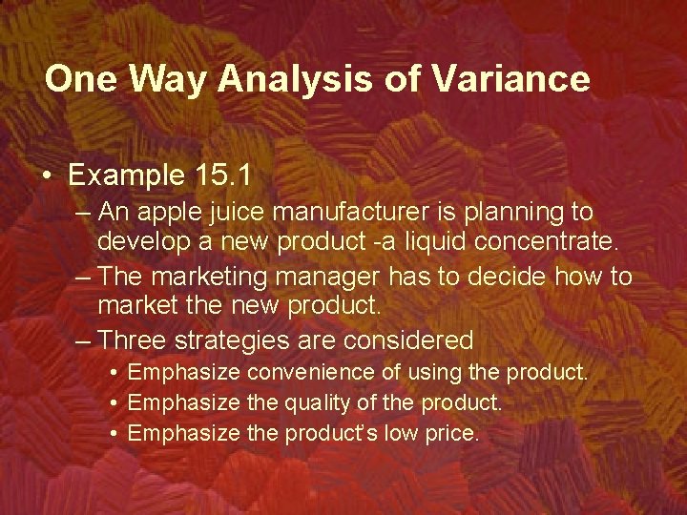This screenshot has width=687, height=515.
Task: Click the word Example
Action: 124,175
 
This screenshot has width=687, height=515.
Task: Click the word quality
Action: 321,402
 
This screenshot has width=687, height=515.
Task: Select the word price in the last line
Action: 456,434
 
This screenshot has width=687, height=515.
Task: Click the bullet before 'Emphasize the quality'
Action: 113,403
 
